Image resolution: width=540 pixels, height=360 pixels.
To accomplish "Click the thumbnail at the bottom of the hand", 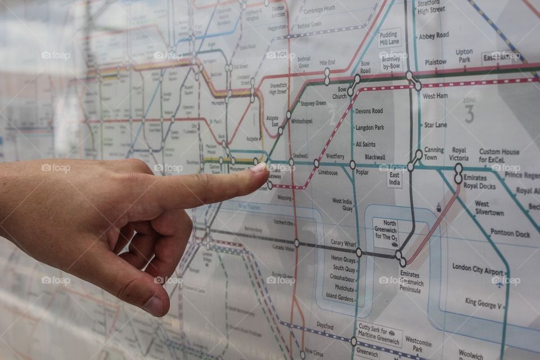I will [x=154, y=305].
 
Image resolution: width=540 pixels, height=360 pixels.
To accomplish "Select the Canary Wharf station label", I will [x=344, y=242].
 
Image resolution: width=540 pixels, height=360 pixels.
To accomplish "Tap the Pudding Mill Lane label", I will [x=389, y=38].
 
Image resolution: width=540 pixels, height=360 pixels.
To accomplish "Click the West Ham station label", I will [x=435, y=96].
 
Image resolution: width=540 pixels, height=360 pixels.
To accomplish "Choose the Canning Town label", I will [x=434, y=154].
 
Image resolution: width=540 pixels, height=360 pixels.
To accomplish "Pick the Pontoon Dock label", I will [x=510, y=232].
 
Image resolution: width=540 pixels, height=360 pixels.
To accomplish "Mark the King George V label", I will [x=482, y=302].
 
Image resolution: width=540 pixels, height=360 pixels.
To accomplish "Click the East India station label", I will [x=395, y=178].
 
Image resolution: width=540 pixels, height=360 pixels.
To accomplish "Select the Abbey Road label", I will [x=434, y=35].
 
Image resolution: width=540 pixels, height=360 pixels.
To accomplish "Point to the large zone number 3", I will [x=469, y=114].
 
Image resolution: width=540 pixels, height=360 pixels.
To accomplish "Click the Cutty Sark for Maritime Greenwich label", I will [x=380, y=334].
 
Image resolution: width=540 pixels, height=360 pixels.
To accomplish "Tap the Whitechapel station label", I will [x=301, y=121].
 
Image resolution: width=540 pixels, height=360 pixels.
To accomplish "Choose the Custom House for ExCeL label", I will [x=499, y=156].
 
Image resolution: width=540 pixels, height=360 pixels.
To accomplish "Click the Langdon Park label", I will [x=369, y=128].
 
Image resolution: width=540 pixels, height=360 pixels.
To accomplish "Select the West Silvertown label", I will [x=489, y=208].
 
